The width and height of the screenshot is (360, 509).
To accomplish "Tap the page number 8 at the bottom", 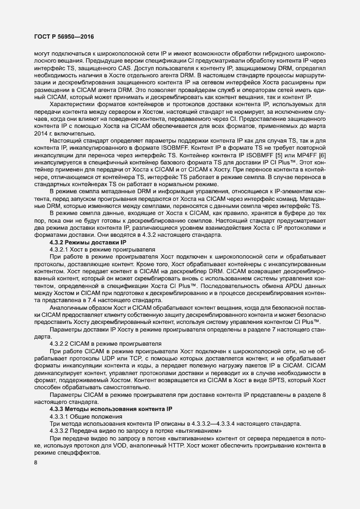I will tap(35, 463).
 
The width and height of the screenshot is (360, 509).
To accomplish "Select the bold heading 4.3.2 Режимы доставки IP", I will tap(87, 241).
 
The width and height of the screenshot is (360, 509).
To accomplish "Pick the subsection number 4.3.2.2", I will tap(61, 344).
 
